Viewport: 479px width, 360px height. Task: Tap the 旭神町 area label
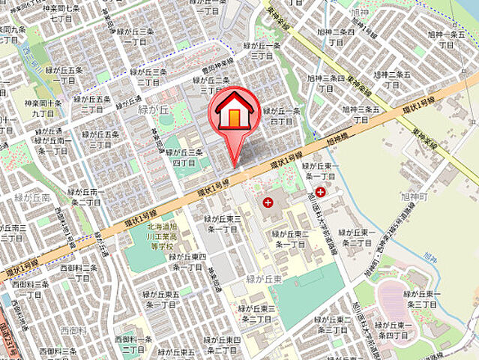(413, 196)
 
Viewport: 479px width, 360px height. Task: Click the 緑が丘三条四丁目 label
(184, 157)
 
